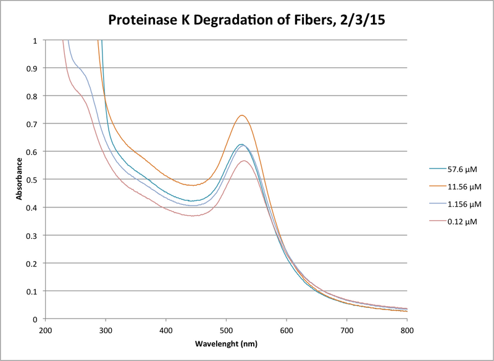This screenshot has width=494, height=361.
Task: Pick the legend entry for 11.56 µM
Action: point(458,185)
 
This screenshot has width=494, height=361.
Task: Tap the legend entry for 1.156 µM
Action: point(458,203)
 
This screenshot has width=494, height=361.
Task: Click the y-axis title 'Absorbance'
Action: point(19,180)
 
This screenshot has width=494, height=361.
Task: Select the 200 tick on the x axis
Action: point(45,331)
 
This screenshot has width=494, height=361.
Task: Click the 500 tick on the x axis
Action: point(226,331)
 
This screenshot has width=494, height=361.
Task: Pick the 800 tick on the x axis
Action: point(407,331)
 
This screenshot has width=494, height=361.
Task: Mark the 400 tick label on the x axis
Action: point(165,331)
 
